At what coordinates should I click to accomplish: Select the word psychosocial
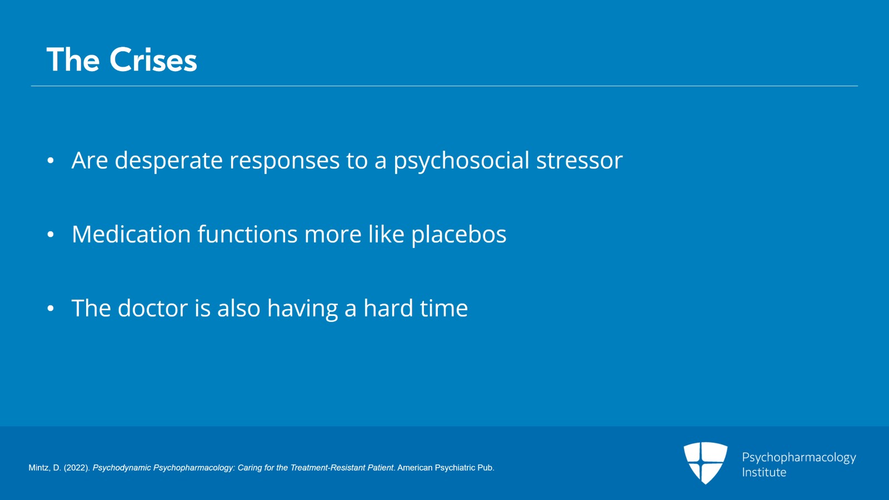tap(462, 160)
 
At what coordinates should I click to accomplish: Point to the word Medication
tap(131, 234)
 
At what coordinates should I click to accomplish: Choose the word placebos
tap(459, 234)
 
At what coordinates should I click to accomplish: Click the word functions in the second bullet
tap(248, 234)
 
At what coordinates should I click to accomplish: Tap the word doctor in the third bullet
tap(153, 308)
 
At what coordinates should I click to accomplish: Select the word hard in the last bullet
tap(388, 308)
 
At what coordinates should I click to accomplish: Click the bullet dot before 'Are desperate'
tap(51, 161)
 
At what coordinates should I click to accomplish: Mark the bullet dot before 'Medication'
tap(51, 235)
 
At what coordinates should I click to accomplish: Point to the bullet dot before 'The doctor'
tap(51, 309)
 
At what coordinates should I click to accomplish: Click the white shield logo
tap(705, 463)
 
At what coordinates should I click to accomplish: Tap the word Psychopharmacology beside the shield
tap(799, 458)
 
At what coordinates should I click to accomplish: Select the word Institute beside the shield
tap(764, 472)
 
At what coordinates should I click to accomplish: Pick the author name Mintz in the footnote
tap(39, 468)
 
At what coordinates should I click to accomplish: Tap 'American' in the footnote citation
tap(414, 468)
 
